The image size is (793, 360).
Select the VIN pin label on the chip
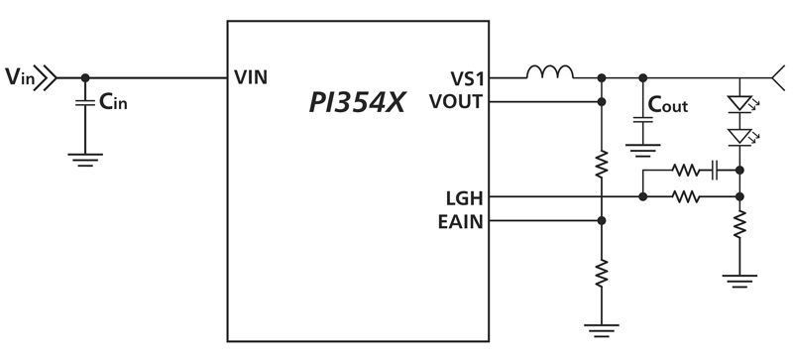(249, 76)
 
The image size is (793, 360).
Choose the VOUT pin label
(457, 100)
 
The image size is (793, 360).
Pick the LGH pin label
(464, 197)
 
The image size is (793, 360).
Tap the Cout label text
(667, 105)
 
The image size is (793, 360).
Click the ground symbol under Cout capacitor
(642, 151)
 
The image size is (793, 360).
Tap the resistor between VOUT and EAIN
(601, 165)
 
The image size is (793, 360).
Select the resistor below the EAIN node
(601, 270)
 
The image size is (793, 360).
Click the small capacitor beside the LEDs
(715, 171)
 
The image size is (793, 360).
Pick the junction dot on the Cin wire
(86, 77)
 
